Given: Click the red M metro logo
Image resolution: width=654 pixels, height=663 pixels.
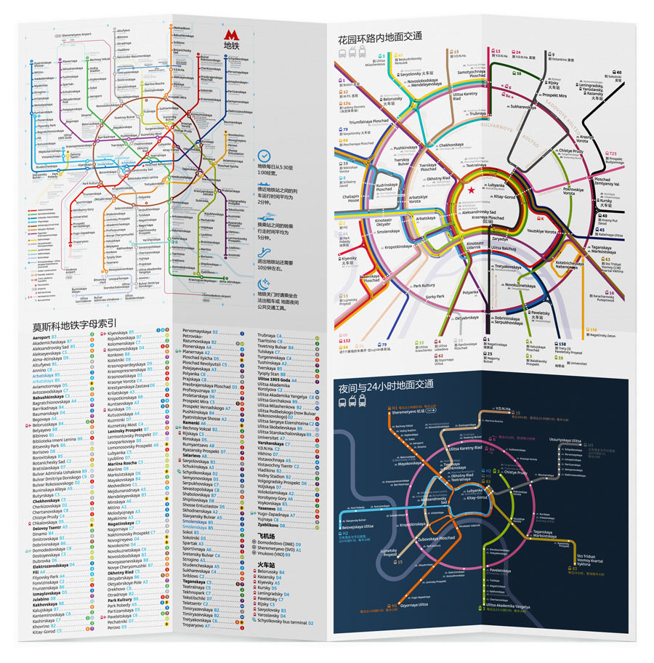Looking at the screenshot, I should [x=230, y=35].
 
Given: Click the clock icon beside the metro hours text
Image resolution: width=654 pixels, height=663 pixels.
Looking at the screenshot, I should [x=265, y=156].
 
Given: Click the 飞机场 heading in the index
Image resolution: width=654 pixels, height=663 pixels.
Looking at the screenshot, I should [x=265, y=536].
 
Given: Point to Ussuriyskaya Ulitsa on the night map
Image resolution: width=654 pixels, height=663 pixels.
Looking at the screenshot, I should [x=565, y=441].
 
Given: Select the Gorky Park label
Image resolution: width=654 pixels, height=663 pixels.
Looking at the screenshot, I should [x=435, y=297].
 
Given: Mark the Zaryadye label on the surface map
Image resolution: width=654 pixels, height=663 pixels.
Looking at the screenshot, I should [x=501, y=238].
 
